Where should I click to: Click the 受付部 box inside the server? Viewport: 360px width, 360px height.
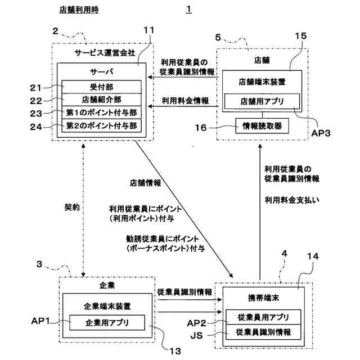101,87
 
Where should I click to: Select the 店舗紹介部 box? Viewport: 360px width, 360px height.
101,100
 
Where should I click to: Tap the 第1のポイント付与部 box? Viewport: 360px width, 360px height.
101,112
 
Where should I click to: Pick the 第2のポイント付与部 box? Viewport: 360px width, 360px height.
101,125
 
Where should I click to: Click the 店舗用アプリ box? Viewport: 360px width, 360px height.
262,101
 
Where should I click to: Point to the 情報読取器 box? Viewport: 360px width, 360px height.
262,126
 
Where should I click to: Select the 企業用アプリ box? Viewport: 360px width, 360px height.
107,322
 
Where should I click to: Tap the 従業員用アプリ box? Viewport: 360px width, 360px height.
263,317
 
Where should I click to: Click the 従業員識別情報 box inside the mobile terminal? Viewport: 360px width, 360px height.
263,332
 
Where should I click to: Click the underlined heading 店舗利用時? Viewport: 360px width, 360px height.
79,10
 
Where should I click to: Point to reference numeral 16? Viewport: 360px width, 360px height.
201,128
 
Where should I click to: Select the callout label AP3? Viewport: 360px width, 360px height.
321,133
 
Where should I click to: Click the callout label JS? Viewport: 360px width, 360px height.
196,336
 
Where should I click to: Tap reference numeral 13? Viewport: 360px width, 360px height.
175,351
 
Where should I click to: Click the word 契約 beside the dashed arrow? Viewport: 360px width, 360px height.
72,208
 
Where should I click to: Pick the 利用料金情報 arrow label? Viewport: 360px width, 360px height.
185,101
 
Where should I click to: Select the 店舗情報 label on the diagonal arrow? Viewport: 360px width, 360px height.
146,183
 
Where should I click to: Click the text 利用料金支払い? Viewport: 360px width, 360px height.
292,200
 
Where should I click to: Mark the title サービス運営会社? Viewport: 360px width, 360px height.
105,53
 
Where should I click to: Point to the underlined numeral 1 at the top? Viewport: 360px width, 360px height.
189,10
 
